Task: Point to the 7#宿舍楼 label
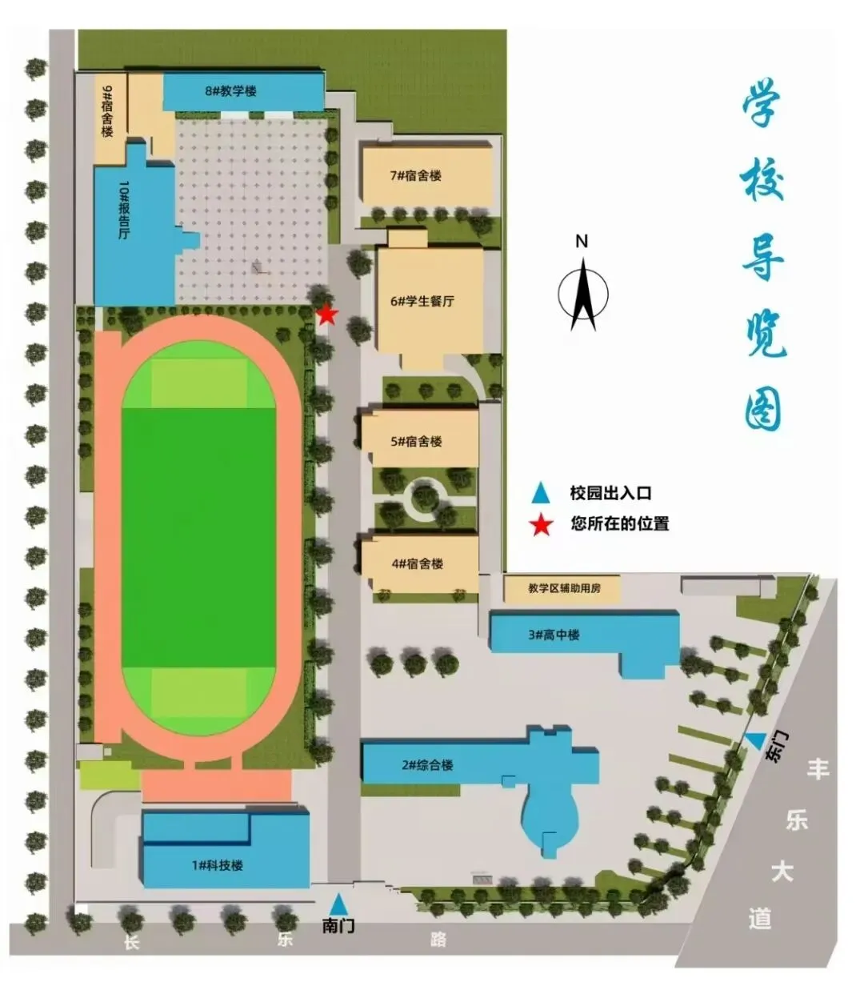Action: (416, 175)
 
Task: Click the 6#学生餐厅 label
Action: (422, 302)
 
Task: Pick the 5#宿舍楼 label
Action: (416, 441)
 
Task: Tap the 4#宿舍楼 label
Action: (418, 563)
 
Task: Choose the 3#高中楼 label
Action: (554, 635)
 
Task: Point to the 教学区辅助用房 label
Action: (564, 589)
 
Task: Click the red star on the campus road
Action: (326, 315)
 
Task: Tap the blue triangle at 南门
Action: (340, 904)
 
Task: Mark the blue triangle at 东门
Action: (754, 741)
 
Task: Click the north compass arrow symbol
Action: (583, 292)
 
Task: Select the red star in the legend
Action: (542, 525)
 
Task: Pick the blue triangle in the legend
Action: (542, 492)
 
